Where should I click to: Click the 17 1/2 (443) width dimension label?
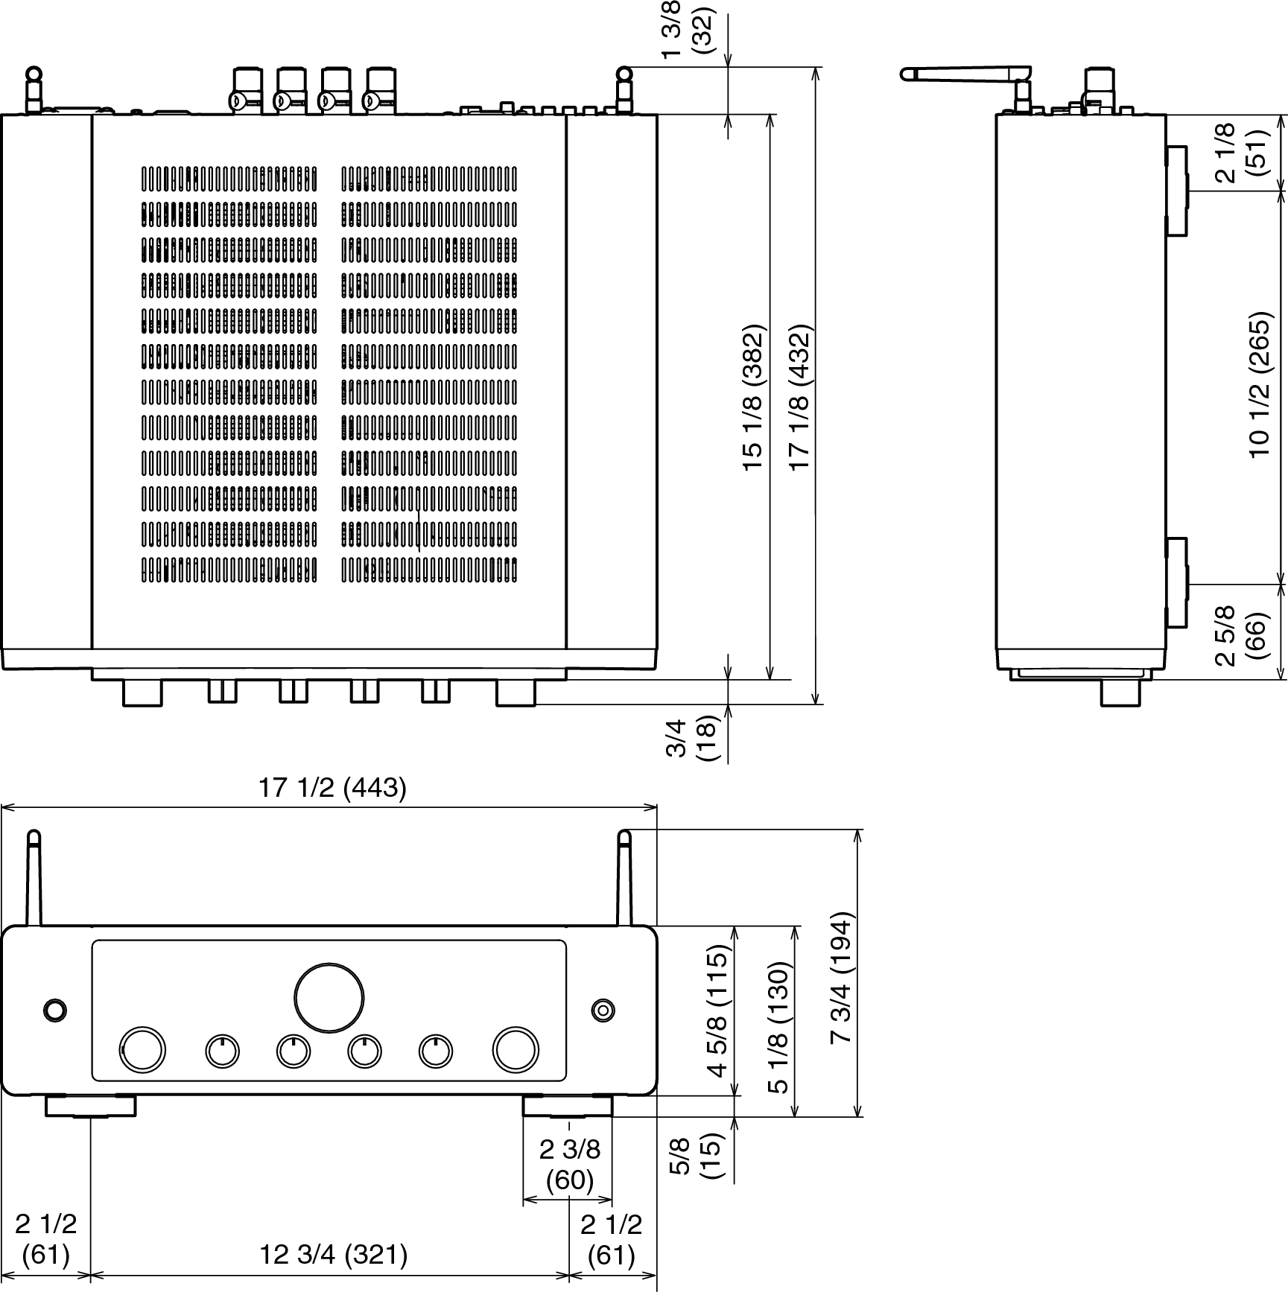click(x=332, y=788)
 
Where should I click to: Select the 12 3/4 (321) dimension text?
click(x=333, y=1255)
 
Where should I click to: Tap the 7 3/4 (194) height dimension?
click(x=841, y=978)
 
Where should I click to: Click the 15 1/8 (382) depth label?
click(x=754, y=396)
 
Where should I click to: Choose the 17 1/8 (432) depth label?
click(x=800, y=396)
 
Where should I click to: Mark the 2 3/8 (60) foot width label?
click(x=569, y=1165)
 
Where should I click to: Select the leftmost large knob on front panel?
click(x=142, y=1049)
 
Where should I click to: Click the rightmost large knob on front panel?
click(x=515, y=1049)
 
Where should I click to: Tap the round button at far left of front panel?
click(x=54, y=1010)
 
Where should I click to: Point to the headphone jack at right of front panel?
click(x=603, y=1010)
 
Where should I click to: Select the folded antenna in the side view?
click(x=965, y=74)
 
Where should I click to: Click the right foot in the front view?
click(x=568, y=1106)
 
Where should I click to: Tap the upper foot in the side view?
click(x=1176, y=191)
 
